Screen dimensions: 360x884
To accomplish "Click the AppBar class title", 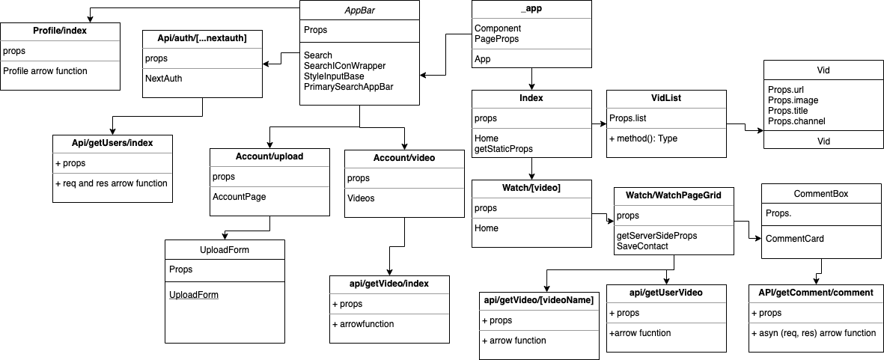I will click(x=359, y=10).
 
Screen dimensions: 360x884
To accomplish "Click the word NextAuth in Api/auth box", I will click(x=165, y=78).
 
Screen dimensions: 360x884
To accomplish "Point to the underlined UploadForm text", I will click(x=194, y=295).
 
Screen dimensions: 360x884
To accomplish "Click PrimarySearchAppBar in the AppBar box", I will click(x=349, y=87).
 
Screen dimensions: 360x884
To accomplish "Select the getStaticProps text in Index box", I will click(x=504, y=149).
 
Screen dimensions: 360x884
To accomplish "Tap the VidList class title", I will click(x=665, y=99).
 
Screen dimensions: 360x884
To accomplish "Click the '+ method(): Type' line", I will click(x=644, y=138).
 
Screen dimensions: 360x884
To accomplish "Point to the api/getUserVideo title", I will click(x=665, y=292).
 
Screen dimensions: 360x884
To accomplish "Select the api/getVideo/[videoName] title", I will click(x=538, y=300).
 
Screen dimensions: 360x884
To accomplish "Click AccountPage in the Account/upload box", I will click(x=239, y=197).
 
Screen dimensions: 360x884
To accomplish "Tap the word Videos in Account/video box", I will click(x=361, y=198).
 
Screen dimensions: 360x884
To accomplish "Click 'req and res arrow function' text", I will click(x=115, y=183).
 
